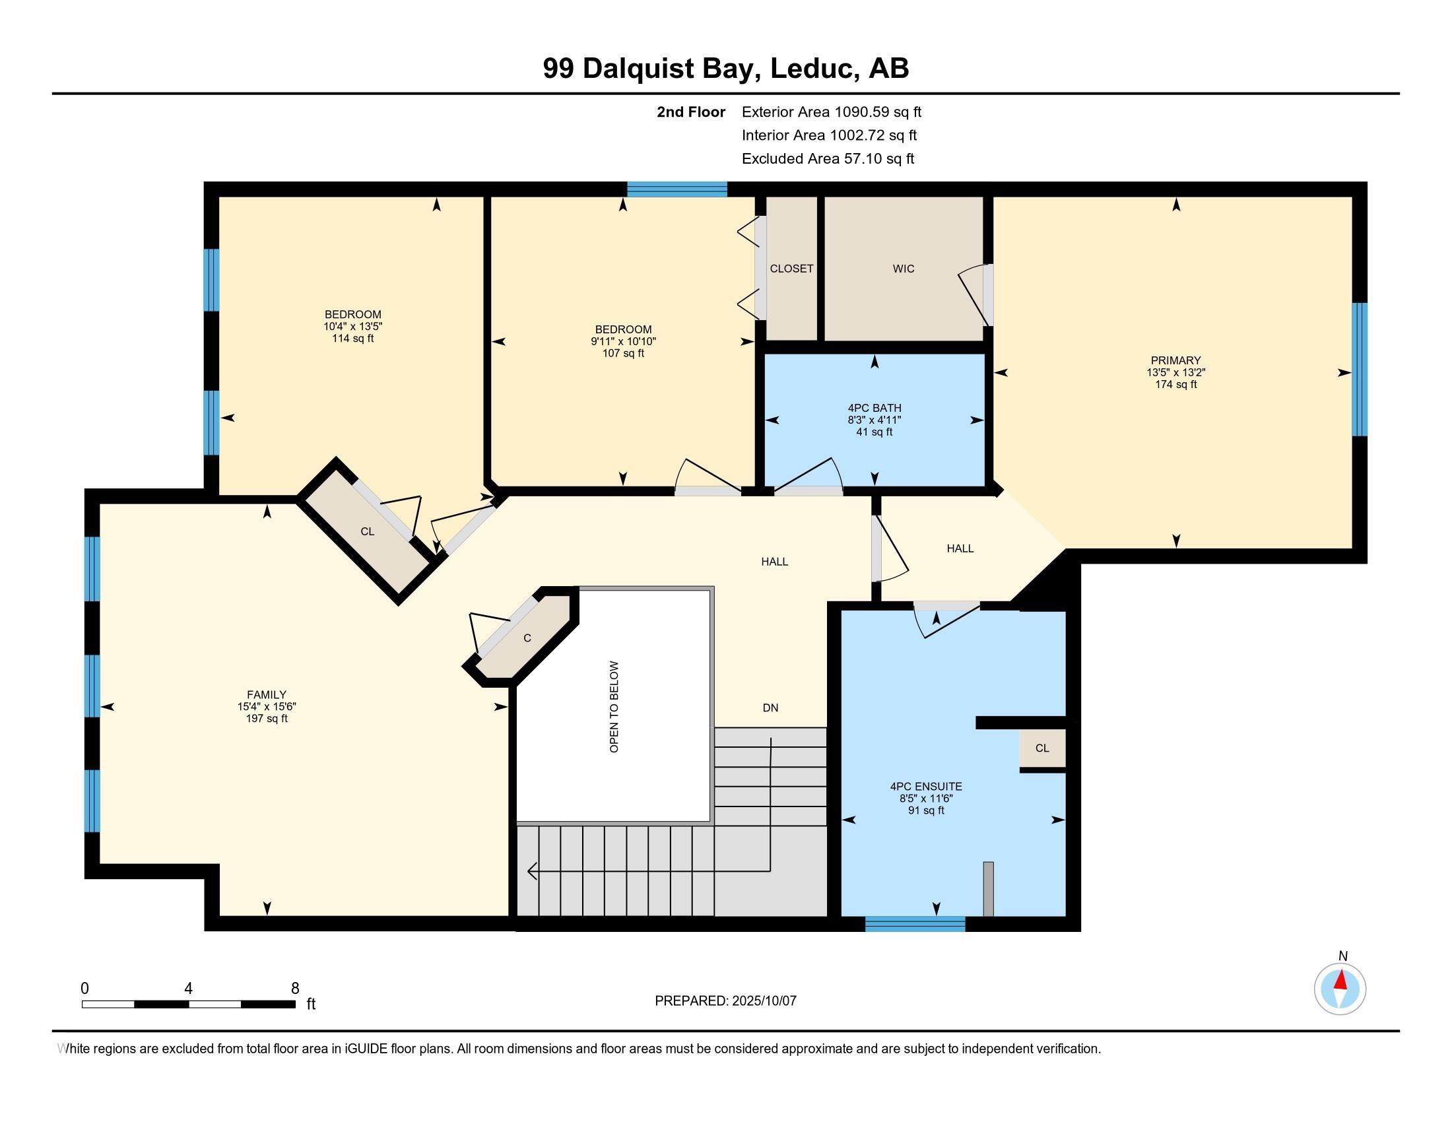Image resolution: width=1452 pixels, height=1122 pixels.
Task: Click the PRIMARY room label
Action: [x=1175, y=361]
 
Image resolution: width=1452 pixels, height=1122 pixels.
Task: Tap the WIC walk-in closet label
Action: [x=903, y=269]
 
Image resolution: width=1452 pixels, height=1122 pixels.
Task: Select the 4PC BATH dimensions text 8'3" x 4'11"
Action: [x=874, y=420]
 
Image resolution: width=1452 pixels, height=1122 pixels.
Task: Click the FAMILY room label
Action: [x=266, y=694]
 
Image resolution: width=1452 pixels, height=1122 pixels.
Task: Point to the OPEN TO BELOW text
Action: [x=614, y=707]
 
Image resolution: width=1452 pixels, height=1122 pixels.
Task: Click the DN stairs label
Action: [x=770, y=708]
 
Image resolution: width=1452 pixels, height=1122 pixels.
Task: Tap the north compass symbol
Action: [x=1340, y=989]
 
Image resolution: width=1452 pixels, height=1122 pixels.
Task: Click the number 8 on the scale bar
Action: [x=294, y=989]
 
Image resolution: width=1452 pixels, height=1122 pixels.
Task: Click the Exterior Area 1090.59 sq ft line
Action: [x=831, y=112]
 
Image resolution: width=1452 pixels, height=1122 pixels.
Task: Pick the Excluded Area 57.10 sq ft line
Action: [x=828, y=158]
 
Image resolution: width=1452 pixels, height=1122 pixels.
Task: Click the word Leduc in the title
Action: [x=811, y=69]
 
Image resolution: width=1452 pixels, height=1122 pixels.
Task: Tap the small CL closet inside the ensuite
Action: [x=1041, y=748]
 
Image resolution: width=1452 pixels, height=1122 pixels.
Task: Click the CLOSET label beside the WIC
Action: [x=791, y=269]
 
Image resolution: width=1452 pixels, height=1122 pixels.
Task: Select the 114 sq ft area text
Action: [x=352, y=339]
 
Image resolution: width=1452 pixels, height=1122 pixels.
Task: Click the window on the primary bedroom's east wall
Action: [x=1360, y=369]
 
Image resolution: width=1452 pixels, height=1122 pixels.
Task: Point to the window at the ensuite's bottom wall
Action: [x=914, y=923]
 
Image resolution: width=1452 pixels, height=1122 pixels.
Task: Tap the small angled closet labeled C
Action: [x=527, y=638]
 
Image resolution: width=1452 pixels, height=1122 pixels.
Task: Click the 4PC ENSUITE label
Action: [x=925, y=786]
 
